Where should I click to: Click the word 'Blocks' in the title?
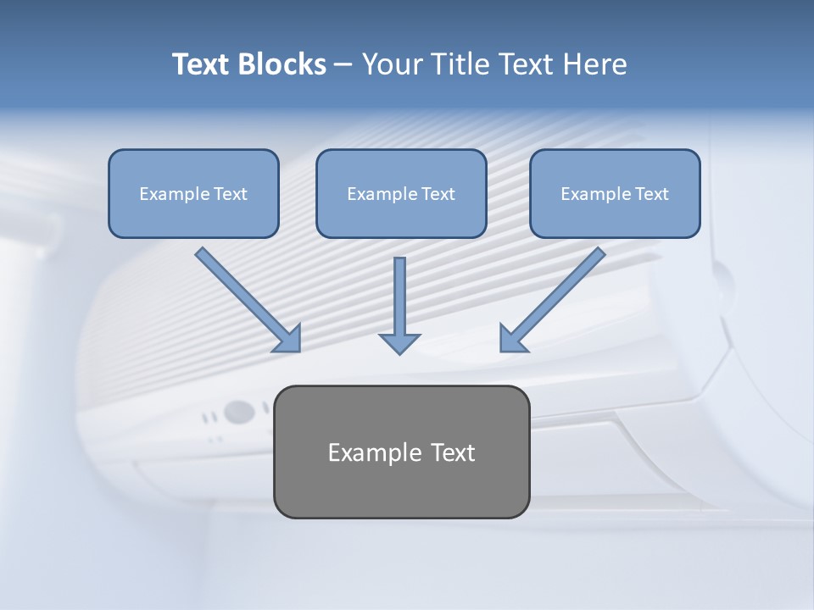282,64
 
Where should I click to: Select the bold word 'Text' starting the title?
203,64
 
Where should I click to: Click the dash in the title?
344,65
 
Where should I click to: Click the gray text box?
401,487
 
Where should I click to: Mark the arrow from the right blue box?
560,292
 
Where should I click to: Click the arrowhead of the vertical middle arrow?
399,342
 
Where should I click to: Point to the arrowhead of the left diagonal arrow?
288,339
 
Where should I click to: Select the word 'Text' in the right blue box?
652,194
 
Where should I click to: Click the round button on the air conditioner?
239,413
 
